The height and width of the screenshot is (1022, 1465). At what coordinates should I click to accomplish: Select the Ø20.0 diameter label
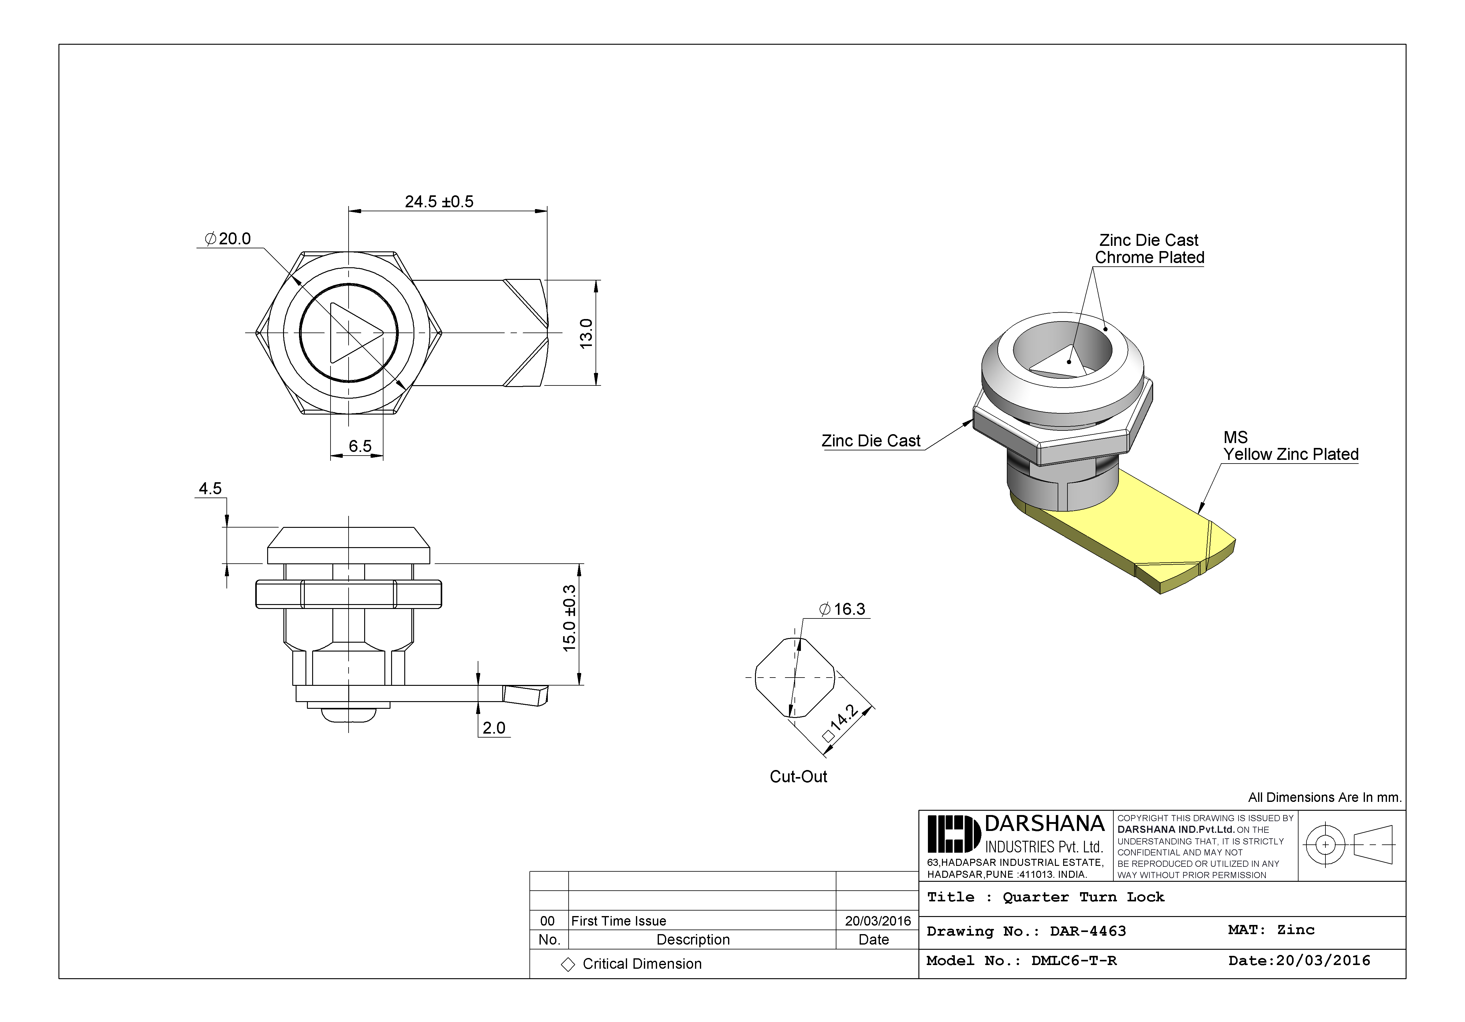pos(228,239)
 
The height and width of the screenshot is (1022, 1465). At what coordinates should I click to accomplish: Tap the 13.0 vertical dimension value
pos(586,333)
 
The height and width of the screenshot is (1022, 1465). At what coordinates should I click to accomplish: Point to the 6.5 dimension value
pos(360,445)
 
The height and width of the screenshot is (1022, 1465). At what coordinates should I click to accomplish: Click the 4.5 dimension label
pos(210,488)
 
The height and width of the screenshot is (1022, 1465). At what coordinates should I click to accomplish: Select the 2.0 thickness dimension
pos(494,728)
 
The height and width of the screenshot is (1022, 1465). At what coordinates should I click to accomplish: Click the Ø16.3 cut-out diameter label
pos(842,609)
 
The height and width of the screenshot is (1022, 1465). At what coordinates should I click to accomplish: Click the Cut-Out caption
pos(798,776)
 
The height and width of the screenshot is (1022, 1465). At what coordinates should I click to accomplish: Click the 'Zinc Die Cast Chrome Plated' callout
pos(1149,249)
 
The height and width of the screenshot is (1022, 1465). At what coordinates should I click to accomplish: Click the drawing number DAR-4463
pos(1088,931)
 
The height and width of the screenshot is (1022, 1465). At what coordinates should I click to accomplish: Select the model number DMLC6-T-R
pos(1074,961)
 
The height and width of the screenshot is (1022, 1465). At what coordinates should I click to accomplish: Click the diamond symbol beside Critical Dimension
pos(567,964)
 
